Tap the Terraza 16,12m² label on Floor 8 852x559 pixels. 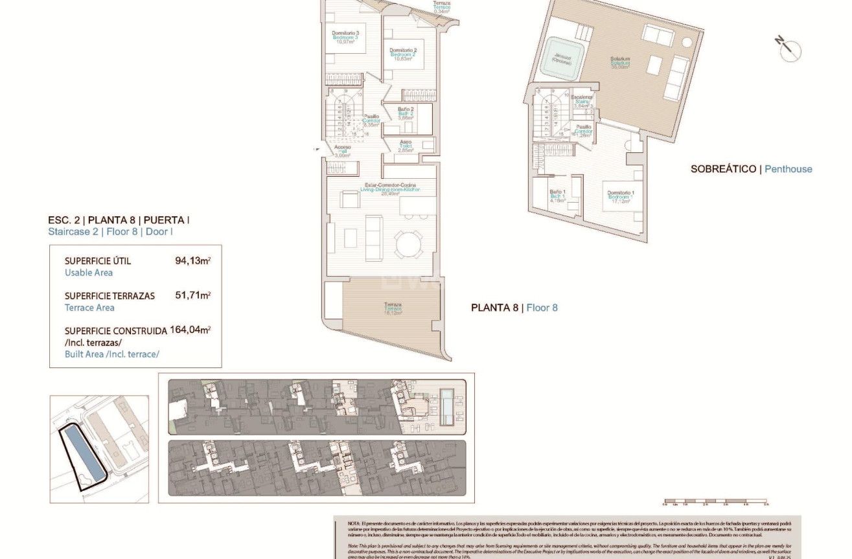pos(393,308)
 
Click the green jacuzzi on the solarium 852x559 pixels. pos(562,58)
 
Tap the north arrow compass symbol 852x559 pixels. pos(790,50)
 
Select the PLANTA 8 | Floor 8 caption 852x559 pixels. pos(514,308)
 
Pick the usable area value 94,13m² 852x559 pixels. pos(192,261)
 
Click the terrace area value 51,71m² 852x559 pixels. pos(192,295)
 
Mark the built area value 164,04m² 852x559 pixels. pos(190,330)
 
